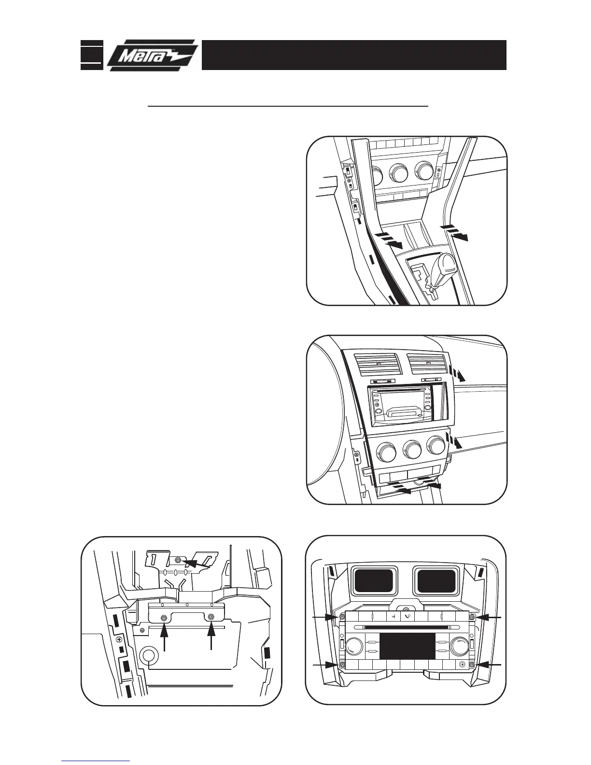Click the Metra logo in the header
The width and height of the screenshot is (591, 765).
(152, 56)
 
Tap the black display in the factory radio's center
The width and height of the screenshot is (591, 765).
(407, 646)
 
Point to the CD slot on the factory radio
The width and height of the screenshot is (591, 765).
(407, 627)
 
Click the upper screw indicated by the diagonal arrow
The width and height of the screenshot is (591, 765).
(178, 560)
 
